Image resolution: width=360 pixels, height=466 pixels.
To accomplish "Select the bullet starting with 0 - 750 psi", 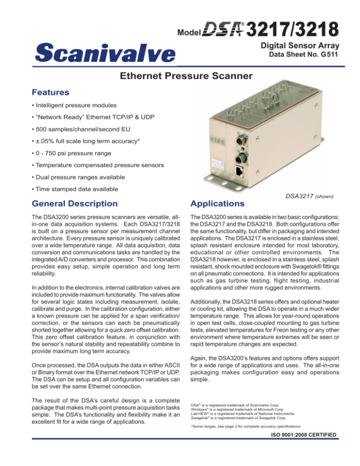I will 68,166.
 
